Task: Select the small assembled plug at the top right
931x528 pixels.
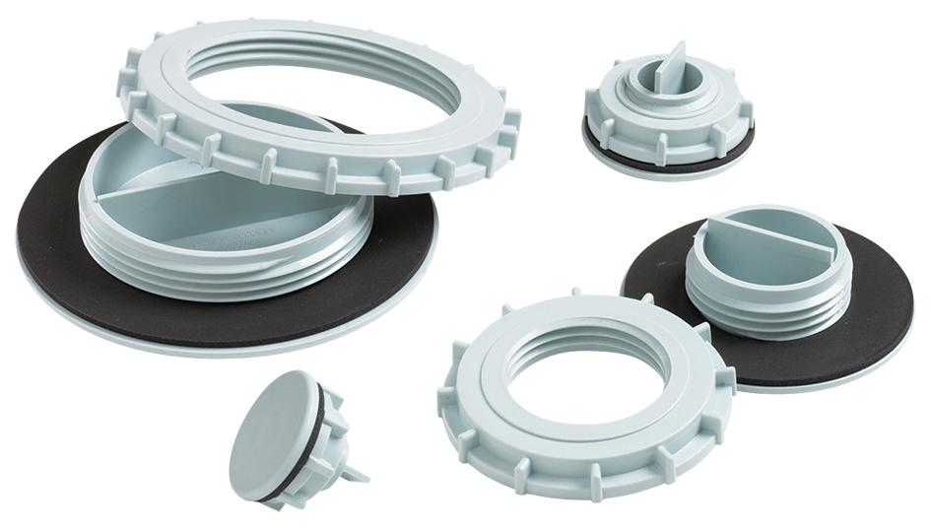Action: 670,118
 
